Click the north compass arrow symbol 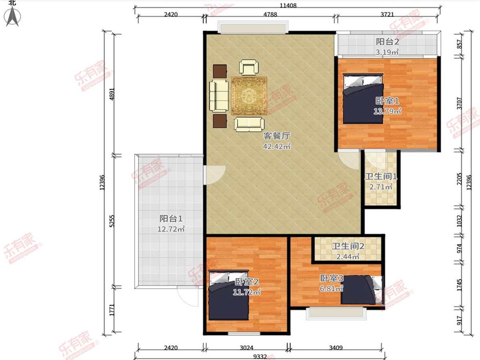(x=12, y=16)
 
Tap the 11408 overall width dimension (x=288, y=5)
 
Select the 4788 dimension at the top (x=270, y=14)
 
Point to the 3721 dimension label (x=387, y=14)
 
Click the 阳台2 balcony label (x=388, y=42)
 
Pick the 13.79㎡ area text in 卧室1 (x=387, y=111)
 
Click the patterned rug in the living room (x=249, y=96)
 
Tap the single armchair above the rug (x=249, y=68)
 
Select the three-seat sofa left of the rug (x=219, y=96)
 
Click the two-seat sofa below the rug (x=249, y=124)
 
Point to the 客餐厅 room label (x=277, y=136)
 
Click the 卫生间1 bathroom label (x=381, y=176)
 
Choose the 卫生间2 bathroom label (x=348, y=246)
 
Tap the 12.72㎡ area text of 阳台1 (x=171, y=229)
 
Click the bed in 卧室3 (x=362, y=290)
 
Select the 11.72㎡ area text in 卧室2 (x=246, y=292)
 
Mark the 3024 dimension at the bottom (x=246, y=348)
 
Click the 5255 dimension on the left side (x=112, y=221)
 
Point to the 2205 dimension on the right (x=460, y=179)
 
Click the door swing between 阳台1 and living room (x=214, y=175)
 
